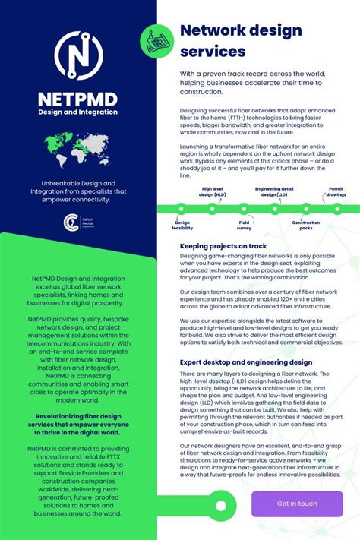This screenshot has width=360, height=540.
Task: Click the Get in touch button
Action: [x=297, y=503]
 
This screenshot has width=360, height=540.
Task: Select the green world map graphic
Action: [x=77, y=150]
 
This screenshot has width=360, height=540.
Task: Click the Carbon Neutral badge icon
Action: [x=69, y=221]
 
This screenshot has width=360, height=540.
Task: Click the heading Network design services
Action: [x=241, y=41]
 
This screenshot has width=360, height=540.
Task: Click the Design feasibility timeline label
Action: [x=182, y=225]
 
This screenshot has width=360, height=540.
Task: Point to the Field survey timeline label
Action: [x=244, y=225]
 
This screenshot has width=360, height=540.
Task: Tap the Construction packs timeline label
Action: [x=306, y=225]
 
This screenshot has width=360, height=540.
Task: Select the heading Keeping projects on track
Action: [x=223, y=246]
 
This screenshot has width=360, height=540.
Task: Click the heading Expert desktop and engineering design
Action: [x=245, y=362]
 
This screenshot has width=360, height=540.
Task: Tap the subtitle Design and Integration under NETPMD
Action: [x=78, y=112]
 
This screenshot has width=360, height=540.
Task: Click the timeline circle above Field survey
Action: [x=244, y=208]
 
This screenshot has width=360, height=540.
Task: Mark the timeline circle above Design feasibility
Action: [x=182, y=208]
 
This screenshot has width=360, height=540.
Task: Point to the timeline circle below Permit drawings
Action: [x=336, y=208]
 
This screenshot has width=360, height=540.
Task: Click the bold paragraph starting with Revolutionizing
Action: [x=78, y=426]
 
